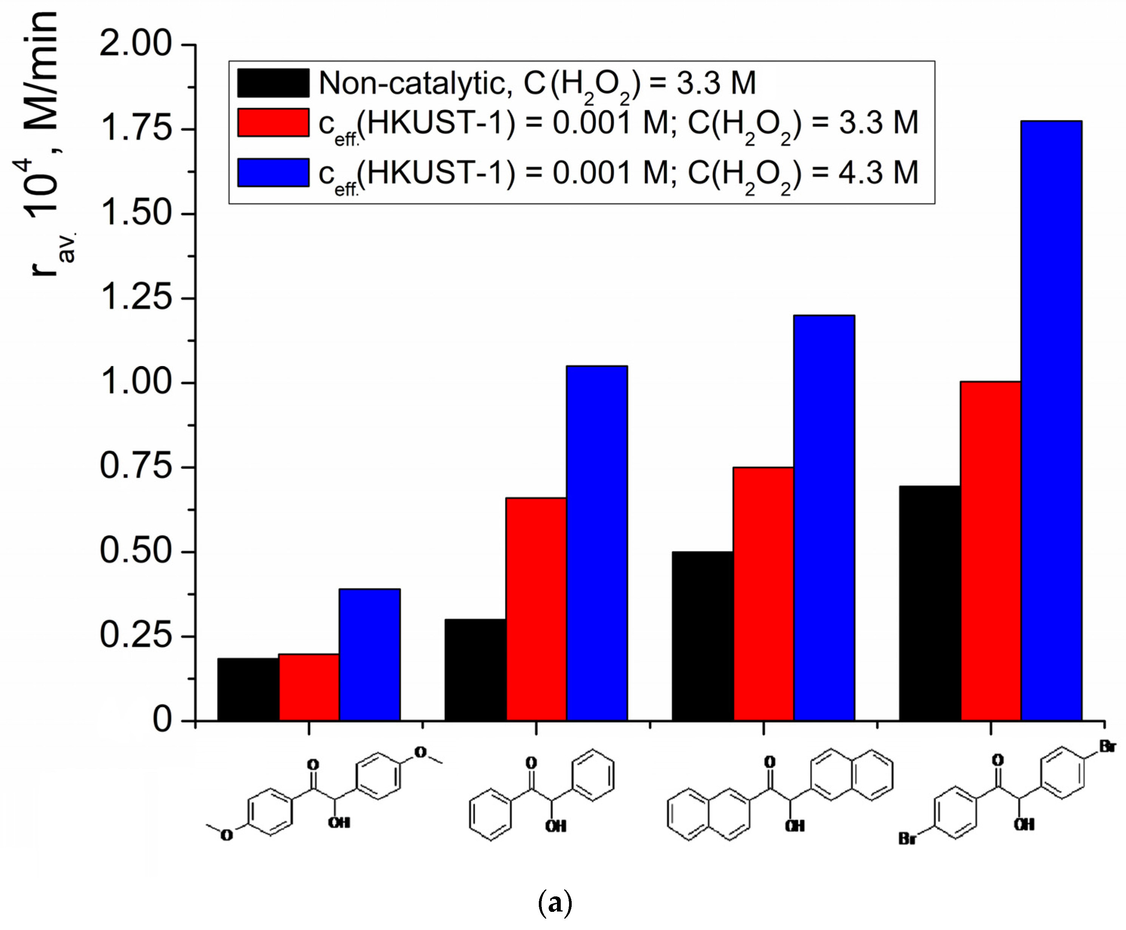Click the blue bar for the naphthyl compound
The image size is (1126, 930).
(x=824, y=517)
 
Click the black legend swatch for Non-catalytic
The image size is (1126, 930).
(x=273, y=83)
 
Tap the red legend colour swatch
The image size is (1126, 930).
(x=273, y=123)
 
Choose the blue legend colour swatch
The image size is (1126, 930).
(x=273, y=172)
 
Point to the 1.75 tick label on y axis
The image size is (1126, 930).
(x=136, y=129)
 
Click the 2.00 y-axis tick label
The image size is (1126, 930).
(x=136, y=44)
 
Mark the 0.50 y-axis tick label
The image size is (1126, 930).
(x=136, y=551)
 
